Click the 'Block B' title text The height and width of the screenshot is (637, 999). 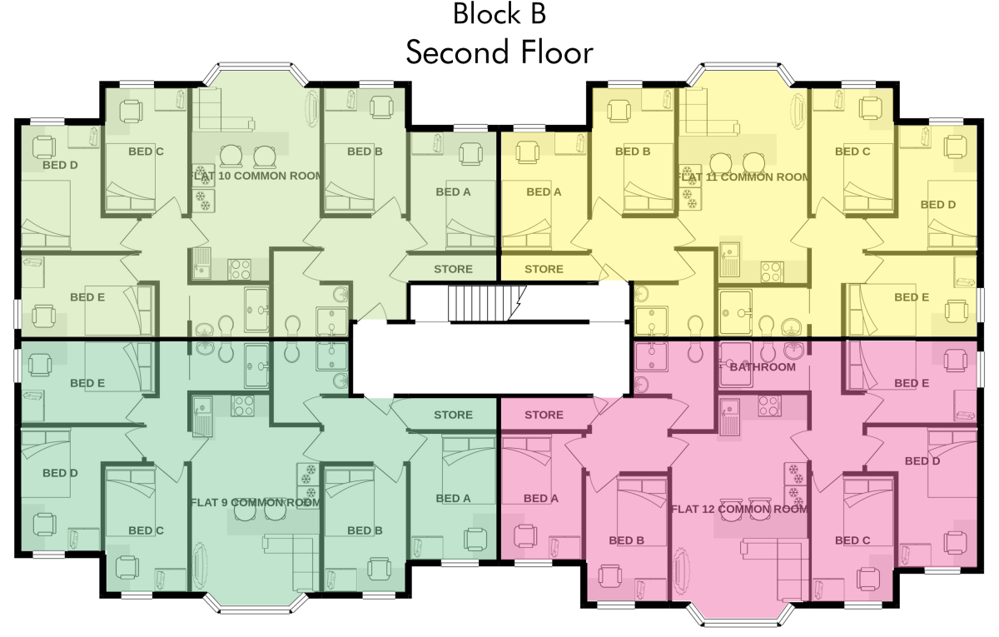499,14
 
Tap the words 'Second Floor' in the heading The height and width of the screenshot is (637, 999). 499,52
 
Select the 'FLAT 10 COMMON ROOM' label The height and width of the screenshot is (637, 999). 257,176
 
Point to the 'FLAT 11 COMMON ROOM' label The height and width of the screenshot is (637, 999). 743,177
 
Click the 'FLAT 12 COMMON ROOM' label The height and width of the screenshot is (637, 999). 740,509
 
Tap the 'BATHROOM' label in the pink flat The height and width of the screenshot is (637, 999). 763,367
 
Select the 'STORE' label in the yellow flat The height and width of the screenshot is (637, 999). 544,269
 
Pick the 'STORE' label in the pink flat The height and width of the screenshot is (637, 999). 544,415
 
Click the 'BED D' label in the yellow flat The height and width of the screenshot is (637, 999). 938,205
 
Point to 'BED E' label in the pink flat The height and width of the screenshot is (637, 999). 912,383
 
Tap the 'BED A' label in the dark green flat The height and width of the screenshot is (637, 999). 453,498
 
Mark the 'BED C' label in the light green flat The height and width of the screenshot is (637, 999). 146,152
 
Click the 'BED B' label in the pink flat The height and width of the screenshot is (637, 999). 627,540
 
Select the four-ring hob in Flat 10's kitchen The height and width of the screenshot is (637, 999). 240,270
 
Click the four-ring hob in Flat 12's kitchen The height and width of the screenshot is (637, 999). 769,406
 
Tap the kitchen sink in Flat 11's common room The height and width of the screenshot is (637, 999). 729,259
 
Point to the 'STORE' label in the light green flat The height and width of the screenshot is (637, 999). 453,269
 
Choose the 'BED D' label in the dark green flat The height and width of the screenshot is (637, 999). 60,473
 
